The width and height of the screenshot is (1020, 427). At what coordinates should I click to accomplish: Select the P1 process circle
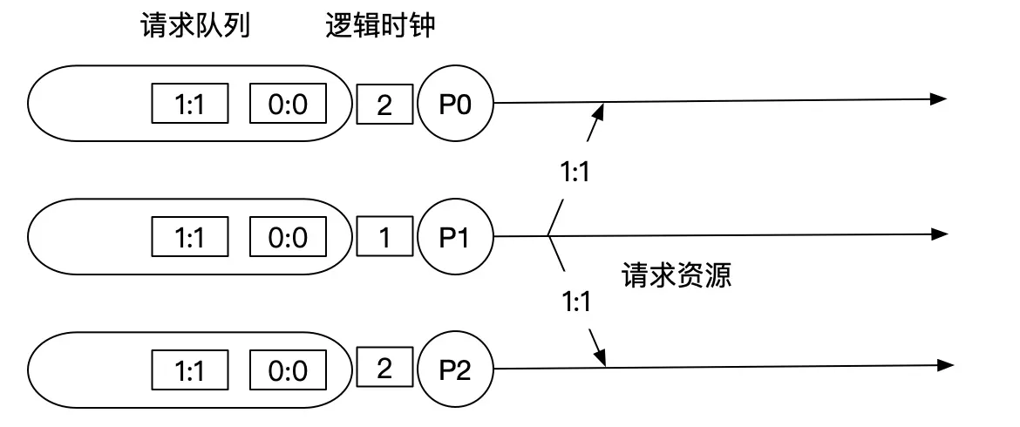point(455,236)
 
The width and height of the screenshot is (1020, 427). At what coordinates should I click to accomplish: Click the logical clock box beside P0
point(384,105)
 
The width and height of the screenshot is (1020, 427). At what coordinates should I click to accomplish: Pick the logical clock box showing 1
point(384,237)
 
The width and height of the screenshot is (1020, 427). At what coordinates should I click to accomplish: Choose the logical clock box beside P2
point(384,369)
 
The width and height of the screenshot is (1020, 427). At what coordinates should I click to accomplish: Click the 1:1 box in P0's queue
point(190,105)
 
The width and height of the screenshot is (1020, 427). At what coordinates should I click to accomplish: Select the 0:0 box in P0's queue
point(288,105)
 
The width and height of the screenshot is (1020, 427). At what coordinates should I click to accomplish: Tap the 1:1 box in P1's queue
point(190,237)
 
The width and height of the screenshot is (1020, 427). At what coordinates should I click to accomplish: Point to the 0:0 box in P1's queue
point(288,237)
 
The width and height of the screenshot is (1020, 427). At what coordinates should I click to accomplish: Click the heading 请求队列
point(195,27)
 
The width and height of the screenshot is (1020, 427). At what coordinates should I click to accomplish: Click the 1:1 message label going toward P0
point(575,172)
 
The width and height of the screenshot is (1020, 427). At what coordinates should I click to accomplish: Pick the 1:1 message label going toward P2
point(575,302)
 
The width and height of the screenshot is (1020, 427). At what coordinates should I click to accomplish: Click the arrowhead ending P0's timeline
point(938,99)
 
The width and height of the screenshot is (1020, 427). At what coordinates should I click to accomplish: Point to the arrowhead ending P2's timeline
point(938,366)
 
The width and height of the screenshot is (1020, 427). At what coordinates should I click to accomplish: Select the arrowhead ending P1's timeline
point(938,234)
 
